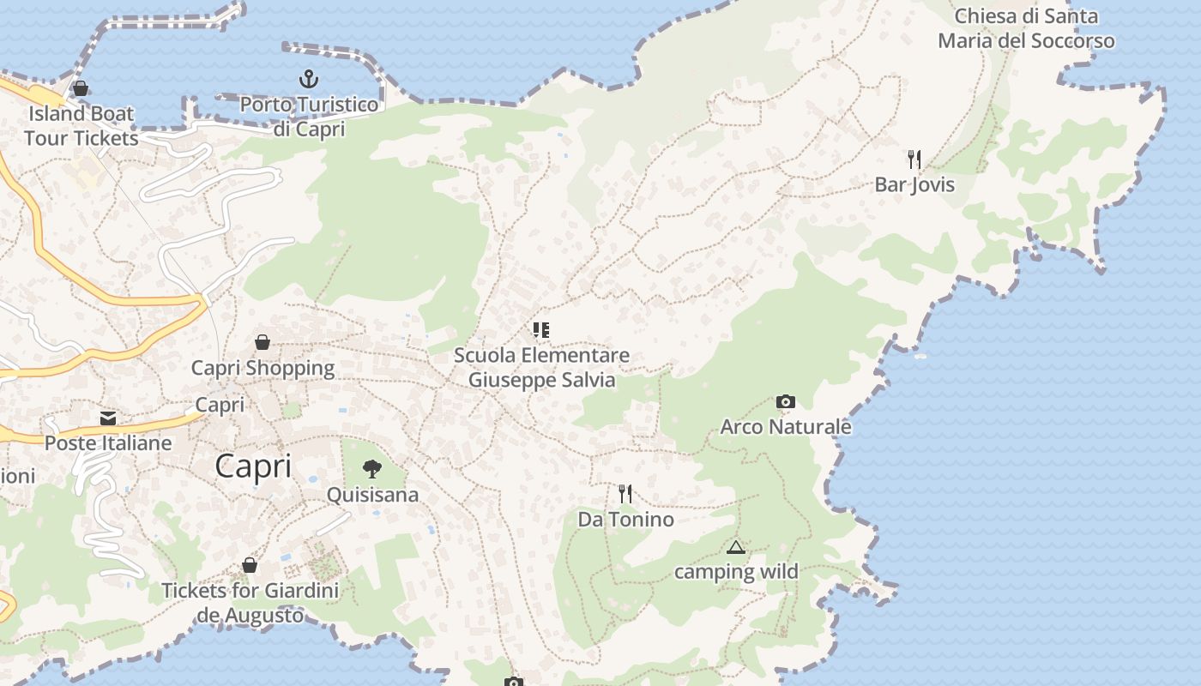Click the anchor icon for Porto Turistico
pyautogui.click(x=309, y=80)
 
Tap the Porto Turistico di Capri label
pyautogui.click(x=309, y=117)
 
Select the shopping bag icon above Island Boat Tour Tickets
pyautogui.click(x=81, y=88)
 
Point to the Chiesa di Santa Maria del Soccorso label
pyautogui.click(x=1026, y=28)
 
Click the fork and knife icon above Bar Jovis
pyautogui.click(x=914, y=159)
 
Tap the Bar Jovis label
pyautogui.click(x=914, y=184)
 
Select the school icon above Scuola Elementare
pyautogui.click(x=541, y=330)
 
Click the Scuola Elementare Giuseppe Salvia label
pyautogui.click(x=541, y=367)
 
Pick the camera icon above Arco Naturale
pyautogui.click(x=785, y=401)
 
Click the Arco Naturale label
pyautogui.click(x=786, y=426)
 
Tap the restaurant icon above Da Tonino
pyautogui.click(x=625, y=494)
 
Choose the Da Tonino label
pyautogui.click(x=625, y=519)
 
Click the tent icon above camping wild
pyautogui.click(x=735, y=547)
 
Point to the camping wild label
pyautogui.click(x=736, y=571)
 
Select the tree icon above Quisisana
pyautogui.click(x=372, y=469)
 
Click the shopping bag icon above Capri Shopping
pyautogui.click(x=263, y=342)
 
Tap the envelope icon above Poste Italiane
pyautogui.click(x=108, y=418)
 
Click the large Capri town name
pyautogui.click(x=253, y=466)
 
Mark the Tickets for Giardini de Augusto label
pyautogui.click(x=250, y=603)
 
